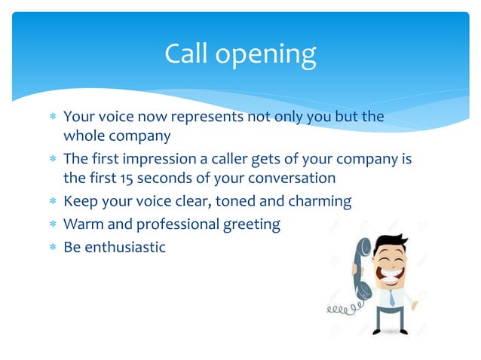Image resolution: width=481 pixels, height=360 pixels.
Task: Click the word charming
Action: (320, 202)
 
